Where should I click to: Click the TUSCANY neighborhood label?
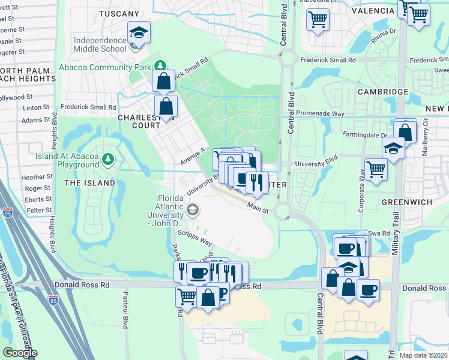[115, 13]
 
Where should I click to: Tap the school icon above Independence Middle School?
[139, 34]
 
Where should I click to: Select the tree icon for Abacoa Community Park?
[160, 66]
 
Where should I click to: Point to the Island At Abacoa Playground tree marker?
[107, 159]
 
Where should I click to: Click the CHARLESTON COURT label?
[146, 122]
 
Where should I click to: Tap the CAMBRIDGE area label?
[383, 92]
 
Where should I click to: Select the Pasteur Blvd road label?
[125, 310]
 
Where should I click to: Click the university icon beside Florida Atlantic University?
[193, 209]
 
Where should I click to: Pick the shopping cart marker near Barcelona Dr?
[318, 19]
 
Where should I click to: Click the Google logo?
[20, 353]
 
